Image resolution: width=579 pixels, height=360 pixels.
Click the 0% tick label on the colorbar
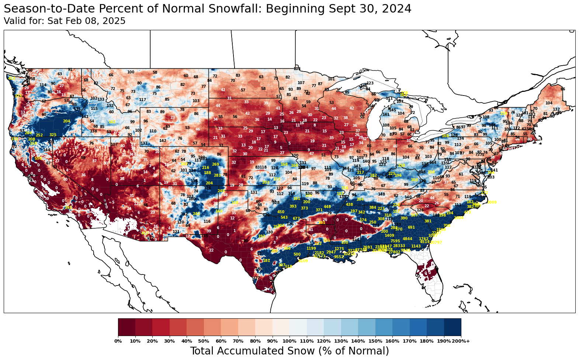click(x=118, y=341)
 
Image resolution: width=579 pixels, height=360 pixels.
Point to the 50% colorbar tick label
click(x=204, y=341)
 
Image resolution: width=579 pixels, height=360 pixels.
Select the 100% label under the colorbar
click(x=289, y=341)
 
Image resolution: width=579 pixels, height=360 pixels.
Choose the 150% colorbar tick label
click(x=375, y=341)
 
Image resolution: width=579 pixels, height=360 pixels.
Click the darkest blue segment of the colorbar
click(x=453, y=327)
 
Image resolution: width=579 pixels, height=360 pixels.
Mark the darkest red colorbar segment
click(x=126, y=327)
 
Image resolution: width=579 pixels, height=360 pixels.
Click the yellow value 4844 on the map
click(x=408, y=239)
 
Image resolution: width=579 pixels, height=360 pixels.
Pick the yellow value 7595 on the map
click(x=395, y=241)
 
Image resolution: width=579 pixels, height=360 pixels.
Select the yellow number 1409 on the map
click(x=389, y=235)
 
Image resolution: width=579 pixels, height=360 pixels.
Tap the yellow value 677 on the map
click(x=296, y=219)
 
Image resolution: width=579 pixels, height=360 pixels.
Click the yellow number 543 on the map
click(x=284, y=218)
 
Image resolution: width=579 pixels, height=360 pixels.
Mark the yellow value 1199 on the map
click(x=311, y=249)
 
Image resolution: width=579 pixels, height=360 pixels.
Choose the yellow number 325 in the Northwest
click(x=53, y=135)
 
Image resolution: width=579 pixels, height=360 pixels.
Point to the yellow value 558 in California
click(x=38, y=159)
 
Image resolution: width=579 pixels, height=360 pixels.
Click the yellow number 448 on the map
click(x=327, y=207)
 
